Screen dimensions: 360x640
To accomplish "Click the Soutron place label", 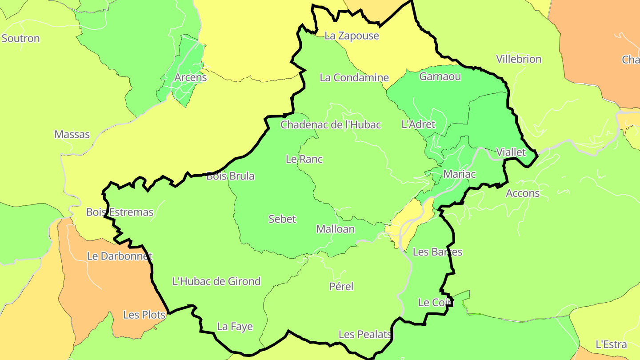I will point(21,38).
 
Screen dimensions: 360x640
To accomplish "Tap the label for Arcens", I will point(191,77).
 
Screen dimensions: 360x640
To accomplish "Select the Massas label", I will point(72,134).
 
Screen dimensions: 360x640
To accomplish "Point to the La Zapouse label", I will point(352,36).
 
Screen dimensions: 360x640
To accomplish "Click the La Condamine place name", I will point(354,77).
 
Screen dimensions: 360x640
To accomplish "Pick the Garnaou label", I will point(440,76).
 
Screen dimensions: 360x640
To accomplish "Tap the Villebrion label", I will point(519,59).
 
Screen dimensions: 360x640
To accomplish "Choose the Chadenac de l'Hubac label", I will point(331,124).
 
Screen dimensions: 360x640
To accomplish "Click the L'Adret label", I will point(418,124).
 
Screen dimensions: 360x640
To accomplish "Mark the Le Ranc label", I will point(304,159).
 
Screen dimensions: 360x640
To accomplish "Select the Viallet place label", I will point(511,152).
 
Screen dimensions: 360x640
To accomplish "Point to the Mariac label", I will point(460,174).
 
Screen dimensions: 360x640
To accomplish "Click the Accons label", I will point(523,193).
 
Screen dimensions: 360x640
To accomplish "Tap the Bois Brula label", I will point(231,176).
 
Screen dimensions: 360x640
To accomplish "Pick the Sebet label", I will point(282,219).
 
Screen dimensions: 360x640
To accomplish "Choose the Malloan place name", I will point(336,229).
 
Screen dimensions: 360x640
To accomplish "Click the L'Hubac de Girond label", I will point(216,281).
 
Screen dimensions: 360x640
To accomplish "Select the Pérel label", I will point(341,287).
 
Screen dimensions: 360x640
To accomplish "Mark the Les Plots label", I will point(144,315).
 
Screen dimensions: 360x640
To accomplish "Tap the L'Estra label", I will point(611,344).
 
